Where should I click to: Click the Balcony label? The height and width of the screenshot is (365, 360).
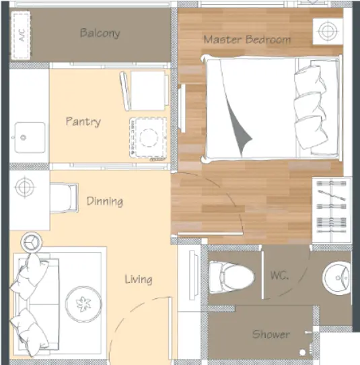[x=100, y=33]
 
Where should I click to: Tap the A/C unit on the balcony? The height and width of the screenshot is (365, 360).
[x=21, y=36]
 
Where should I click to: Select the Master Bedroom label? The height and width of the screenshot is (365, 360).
[x=247, y=40]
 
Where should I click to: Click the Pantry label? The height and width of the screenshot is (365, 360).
[x=83, y=122]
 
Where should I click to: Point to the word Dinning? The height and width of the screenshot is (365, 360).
[x=105, y=201]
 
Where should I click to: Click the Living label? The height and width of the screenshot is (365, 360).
[x=139, y=279]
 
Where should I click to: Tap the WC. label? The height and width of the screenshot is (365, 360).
[x=279, y=275]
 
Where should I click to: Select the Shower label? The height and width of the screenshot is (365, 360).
[x=271, y=334]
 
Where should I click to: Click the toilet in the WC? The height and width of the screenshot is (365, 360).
[x=231, y=277]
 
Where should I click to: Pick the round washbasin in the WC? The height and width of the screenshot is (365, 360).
[x=336, y=277]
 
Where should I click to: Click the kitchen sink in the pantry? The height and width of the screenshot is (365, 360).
[x=30, y=137]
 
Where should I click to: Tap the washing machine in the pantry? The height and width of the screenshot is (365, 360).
[x=148, y=137]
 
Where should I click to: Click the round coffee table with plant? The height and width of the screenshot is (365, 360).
[x=83, y=304]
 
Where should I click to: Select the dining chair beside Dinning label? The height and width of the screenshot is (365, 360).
[x=64, y=198]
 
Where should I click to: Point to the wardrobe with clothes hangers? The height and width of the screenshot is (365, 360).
[x=332, y=210]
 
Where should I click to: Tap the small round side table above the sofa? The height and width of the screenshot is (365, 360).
[x=32, y=242]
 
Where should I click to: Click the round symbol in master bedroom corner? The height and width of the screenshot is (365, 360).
[x=328, y=31]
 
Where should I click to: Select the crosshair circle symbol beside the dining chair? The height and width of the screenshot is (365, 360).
[x=25, y=187]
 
